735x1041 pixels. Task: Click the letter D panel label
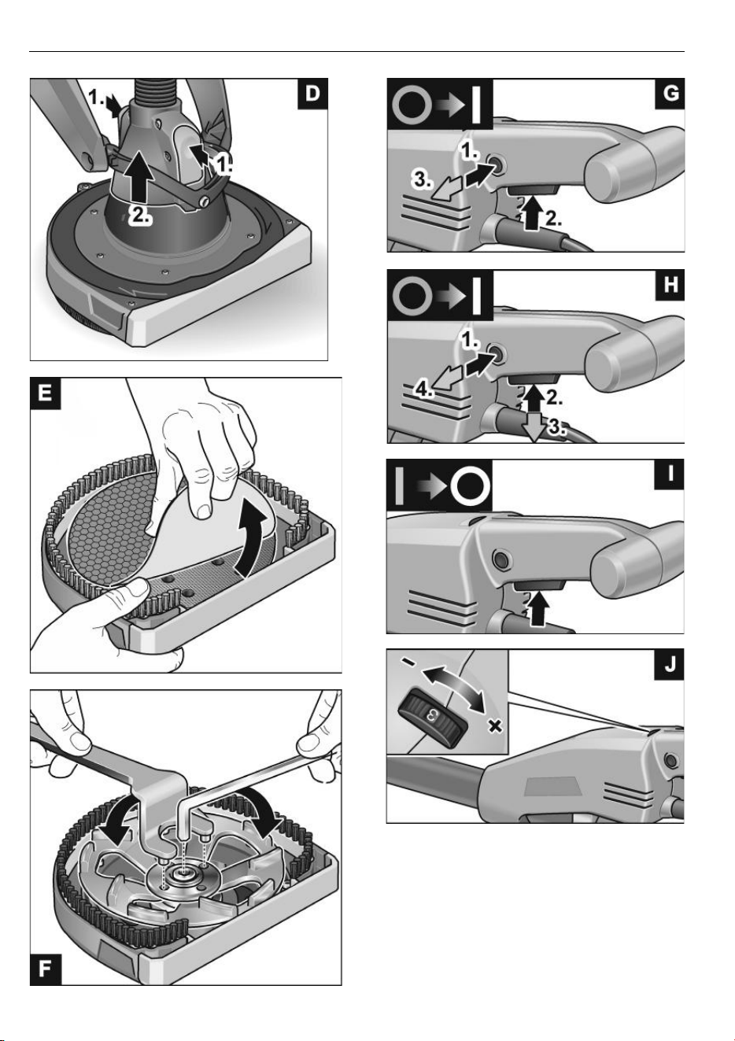tap(312, 94)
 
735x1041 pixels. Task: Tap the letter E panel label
tap(46, 393)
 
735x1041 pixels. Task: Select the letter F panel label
tap(46, 969)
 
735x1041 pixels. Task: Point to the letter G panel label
tap(670, 94)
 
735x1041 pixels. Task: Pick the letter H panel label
tap(670, 284)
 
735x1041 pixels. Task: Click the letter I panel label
tap(670, 474)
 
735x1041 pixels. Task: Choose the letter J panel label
tap(670, 665)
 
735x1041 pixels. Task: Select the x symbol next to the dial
tap(496, 726)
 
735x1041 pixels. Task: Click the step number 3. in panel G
tap(422, 180)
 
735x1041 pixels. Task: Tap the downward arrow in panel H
tap(534, 427)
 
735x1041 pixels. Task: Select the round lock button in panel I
tap(501, 557)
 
